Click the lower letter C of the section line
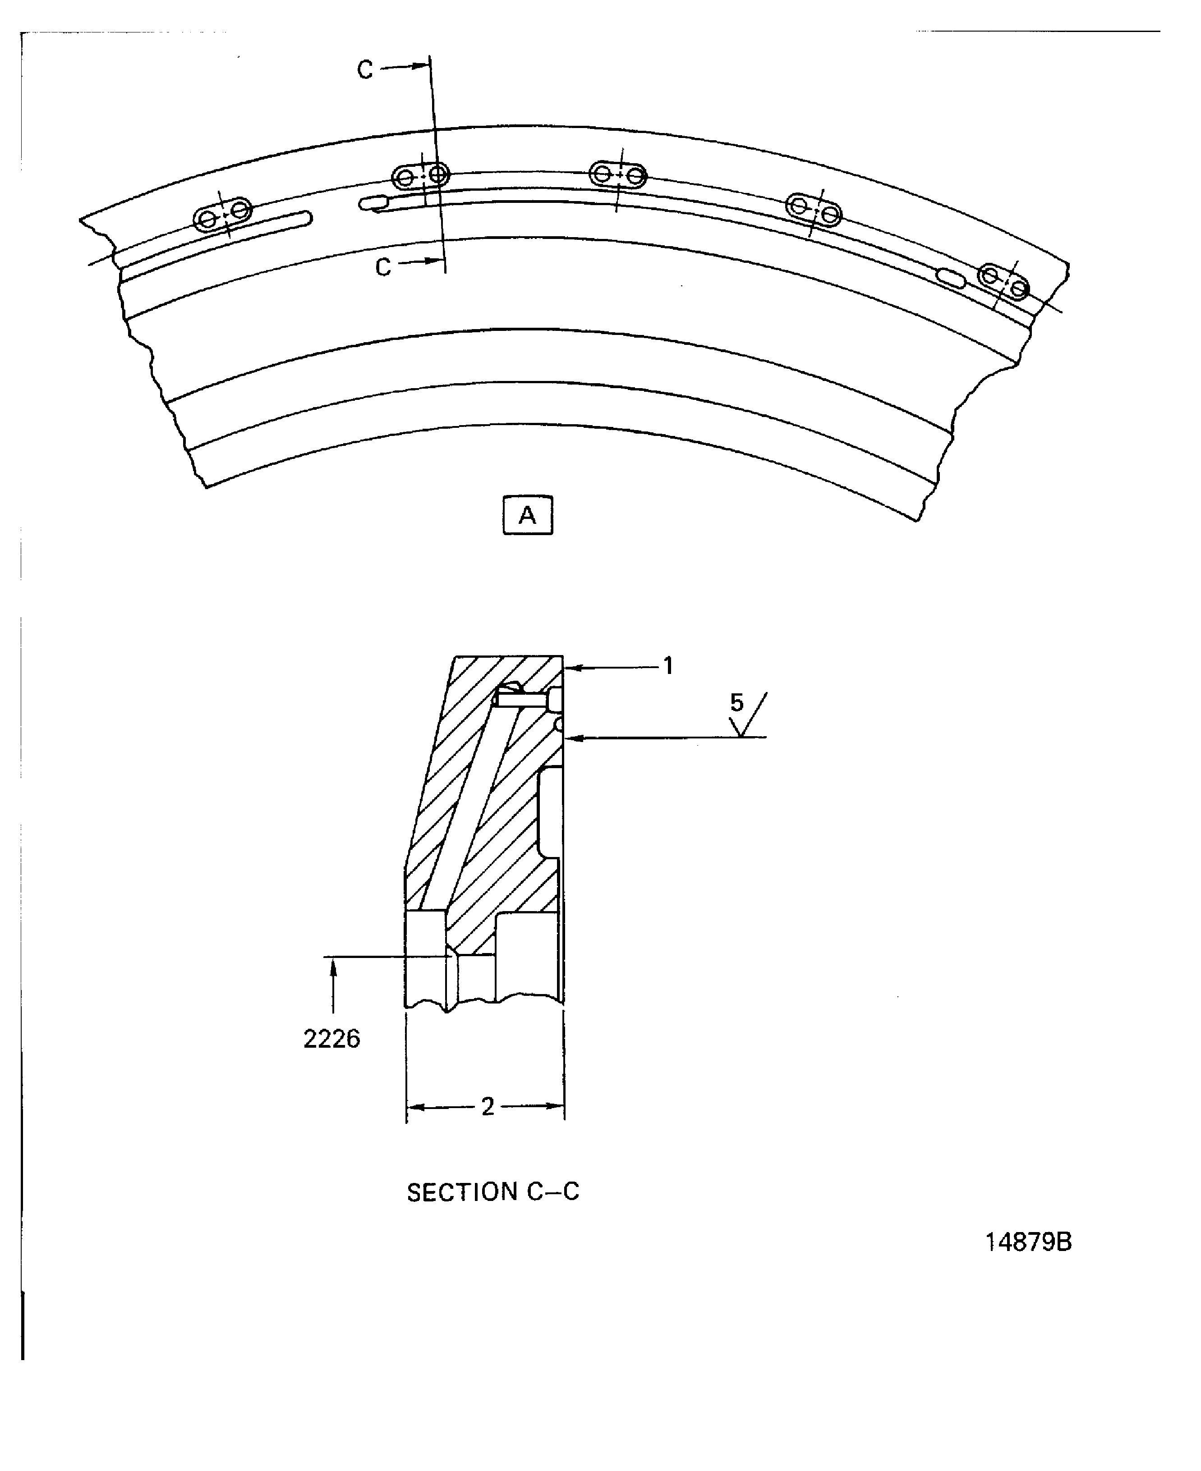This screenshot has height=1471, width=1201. click(382, 267)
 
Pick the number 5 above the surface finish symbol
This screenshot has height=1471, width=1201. click(737, 703)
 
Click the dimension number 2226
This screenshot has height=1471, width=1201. click(331, 1039)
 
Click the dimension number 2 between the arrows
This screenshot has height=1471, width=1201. click(488, 1107)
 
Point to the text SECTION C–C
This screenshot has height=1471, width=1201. click(492, 1191)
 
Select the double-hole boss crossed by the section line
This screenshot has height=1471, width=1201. click(421, 176)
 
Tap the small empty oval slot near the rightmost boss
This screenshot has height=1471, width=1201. click(951, 277)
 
